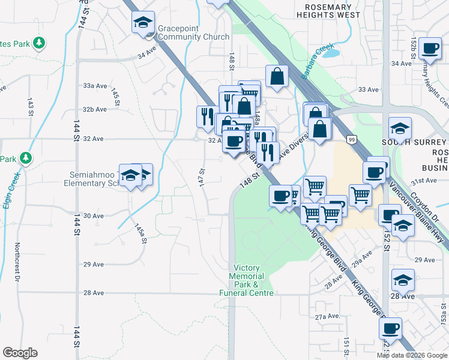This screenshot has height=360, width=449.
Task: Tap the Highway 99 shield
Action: pos(351,139)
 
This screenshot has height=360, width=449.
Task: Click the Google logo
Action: pos(20,353)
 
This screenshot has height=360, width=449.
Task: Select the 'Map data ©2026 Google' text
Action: pos(411,355)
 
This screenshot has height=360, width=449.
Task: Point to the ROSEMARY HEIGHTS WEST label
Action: pos(328,10)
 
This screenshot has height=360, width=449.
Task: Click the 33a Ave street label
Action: pos(94,86)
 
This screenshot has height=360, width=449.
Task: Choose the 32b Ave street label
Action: pos(94,109)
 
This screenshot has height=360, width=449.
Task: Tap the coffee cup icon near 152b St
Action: pos(430,49)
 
